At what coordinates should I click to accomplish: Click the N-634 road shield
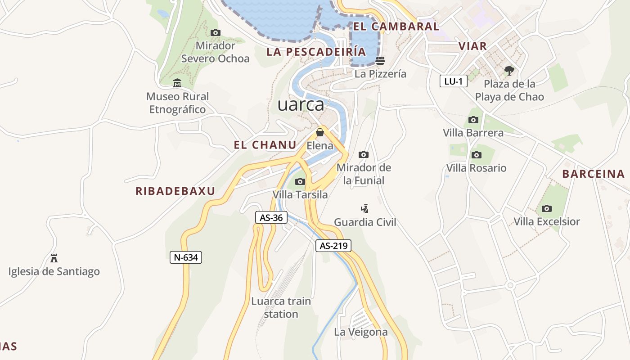[x=186, y=257]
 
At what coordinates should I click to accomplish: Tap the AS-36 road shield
[x=271, y=218]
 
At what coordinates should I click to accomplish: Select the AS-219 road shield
[x=333, y=246]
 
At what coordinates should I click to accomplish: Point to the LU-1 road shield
[x=453, y=81]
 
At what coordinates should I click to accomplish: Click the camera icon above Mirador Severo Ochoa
[x=216, y=32]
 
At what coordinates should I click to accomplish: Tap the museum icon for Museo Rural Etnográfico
[x=177, y=83]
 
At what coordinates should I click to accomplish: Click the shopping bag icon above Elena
[x=320, y=132]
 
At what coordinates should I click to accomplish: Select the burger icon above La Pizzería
[x=380, y=61]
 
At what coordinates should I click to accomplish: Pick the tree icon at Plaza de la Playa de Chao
[x=509, y=70]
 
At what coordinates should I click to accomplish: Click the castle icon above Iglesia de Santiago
[x=54, y=258]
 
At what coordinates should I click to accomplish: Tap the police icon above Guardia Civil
[x=365, y=209]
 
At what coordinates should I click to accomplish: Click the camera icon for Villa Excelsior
[x=547, y=208]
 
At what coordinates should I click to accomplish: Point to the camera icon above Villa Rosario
[x=476, y=155]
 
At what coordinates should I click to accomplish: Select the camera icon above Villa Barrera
[x=473, y=120]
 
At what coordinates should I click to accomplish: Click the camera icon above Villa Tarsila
[x=300, y=182]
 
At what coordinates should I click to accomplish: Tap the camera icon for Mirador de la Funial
[x=364, y=155]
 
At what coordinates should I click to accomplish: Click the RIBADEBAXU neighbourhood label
[x=175, y=191]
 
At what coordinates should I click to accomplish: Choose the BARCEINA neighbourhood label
[x=594, y=174]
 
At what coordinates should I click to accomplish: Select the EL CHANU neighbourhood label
[x=265, y=145]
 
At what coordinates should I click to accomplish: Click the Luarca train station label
[x=281, y=307]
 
